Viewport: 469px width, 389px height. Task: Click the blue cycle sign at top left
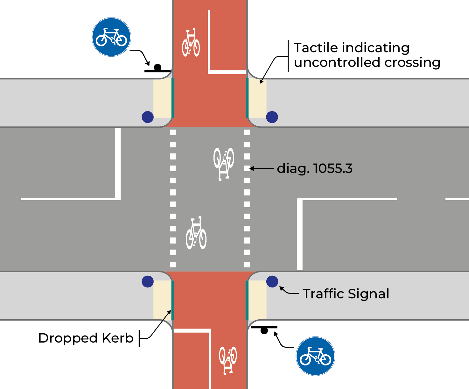(x=111, y=37)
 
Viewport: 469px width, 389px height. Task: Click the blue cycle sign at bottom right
(x=315, y=356)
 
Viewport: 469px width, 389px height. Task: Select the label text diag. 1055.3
(x=315, y=168)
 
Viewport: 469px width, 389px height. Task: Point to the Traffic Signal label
(x=346, y=294)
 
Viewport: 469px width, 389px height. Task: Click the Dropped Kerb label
(x=86, y=338)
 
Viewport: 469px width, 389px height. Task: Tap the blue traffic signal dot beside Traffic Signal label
(x=272, y=281)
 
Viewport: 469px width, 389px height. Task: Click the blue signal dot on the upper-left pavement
(x=148, y=117)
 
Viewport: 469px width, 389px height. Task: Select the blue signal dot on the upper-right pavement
(x=272, y=117)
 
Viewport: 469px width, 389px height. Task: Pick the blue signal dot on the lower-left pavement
(x=148, y=281)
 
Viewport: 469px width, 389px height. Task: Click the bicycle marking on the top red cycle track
(x=191, y=43)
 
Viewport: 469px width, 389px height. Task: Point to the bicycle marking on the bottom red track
(x=228, y=360)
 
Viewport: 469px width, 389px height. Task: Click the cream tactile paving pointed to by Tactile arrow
(x=257, y=98)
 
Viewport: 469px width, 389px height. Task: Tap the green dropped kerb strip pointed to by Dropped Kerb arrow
(x=173, y=300)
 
